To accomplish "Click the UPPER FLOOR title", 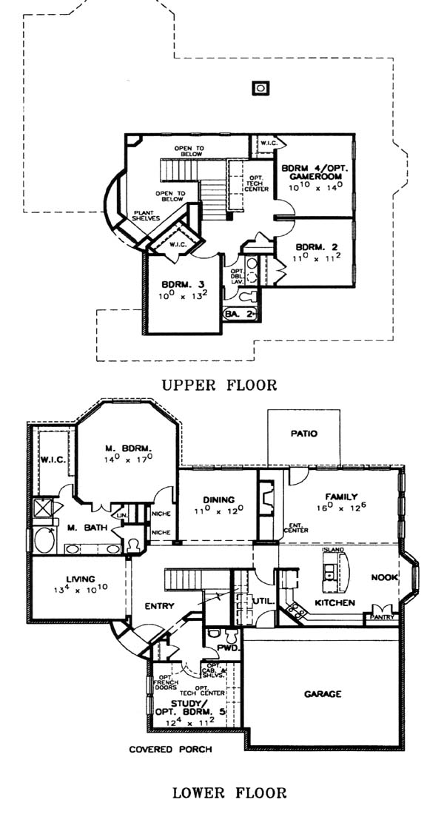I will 221,385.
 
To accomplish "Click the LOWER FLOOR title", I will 229,794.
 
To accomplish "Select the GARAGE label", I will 323,694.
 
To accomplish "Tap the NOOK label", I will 385,577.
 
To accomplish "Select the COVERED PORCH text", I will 170,750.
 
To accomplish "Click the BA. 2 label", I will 238,315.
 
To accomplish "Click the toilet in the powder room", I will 215,634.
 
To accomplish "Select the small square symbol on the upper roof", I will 260,88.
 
